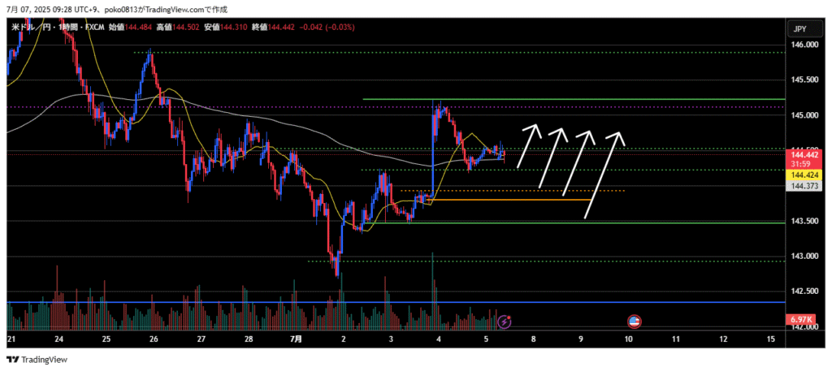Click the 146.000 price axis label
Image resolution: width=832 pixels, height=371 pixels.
[805, 45]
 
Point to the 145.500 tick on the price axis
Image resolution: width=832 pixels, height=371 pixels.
[805, 80]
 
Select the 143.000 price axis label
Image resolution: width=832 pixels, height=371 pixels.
[805, 257]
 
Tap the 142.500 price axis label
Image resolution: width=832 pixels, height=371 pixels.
[805, 291]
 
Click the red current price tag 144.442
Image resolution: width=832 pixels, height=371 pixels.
[805, 153]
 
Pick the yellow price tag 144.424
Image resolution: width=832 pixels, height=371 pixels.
[805, 175]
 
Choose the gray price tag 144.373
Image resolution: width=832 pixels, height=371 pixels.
[805, 186]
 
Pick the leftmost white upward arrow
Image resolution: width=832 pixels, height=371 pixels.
[528, 146]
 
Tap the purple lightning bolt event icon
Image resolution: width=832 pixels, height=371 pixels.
[505, 322]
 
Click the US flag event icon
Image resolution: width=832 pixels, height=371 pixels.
[634, 322]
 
